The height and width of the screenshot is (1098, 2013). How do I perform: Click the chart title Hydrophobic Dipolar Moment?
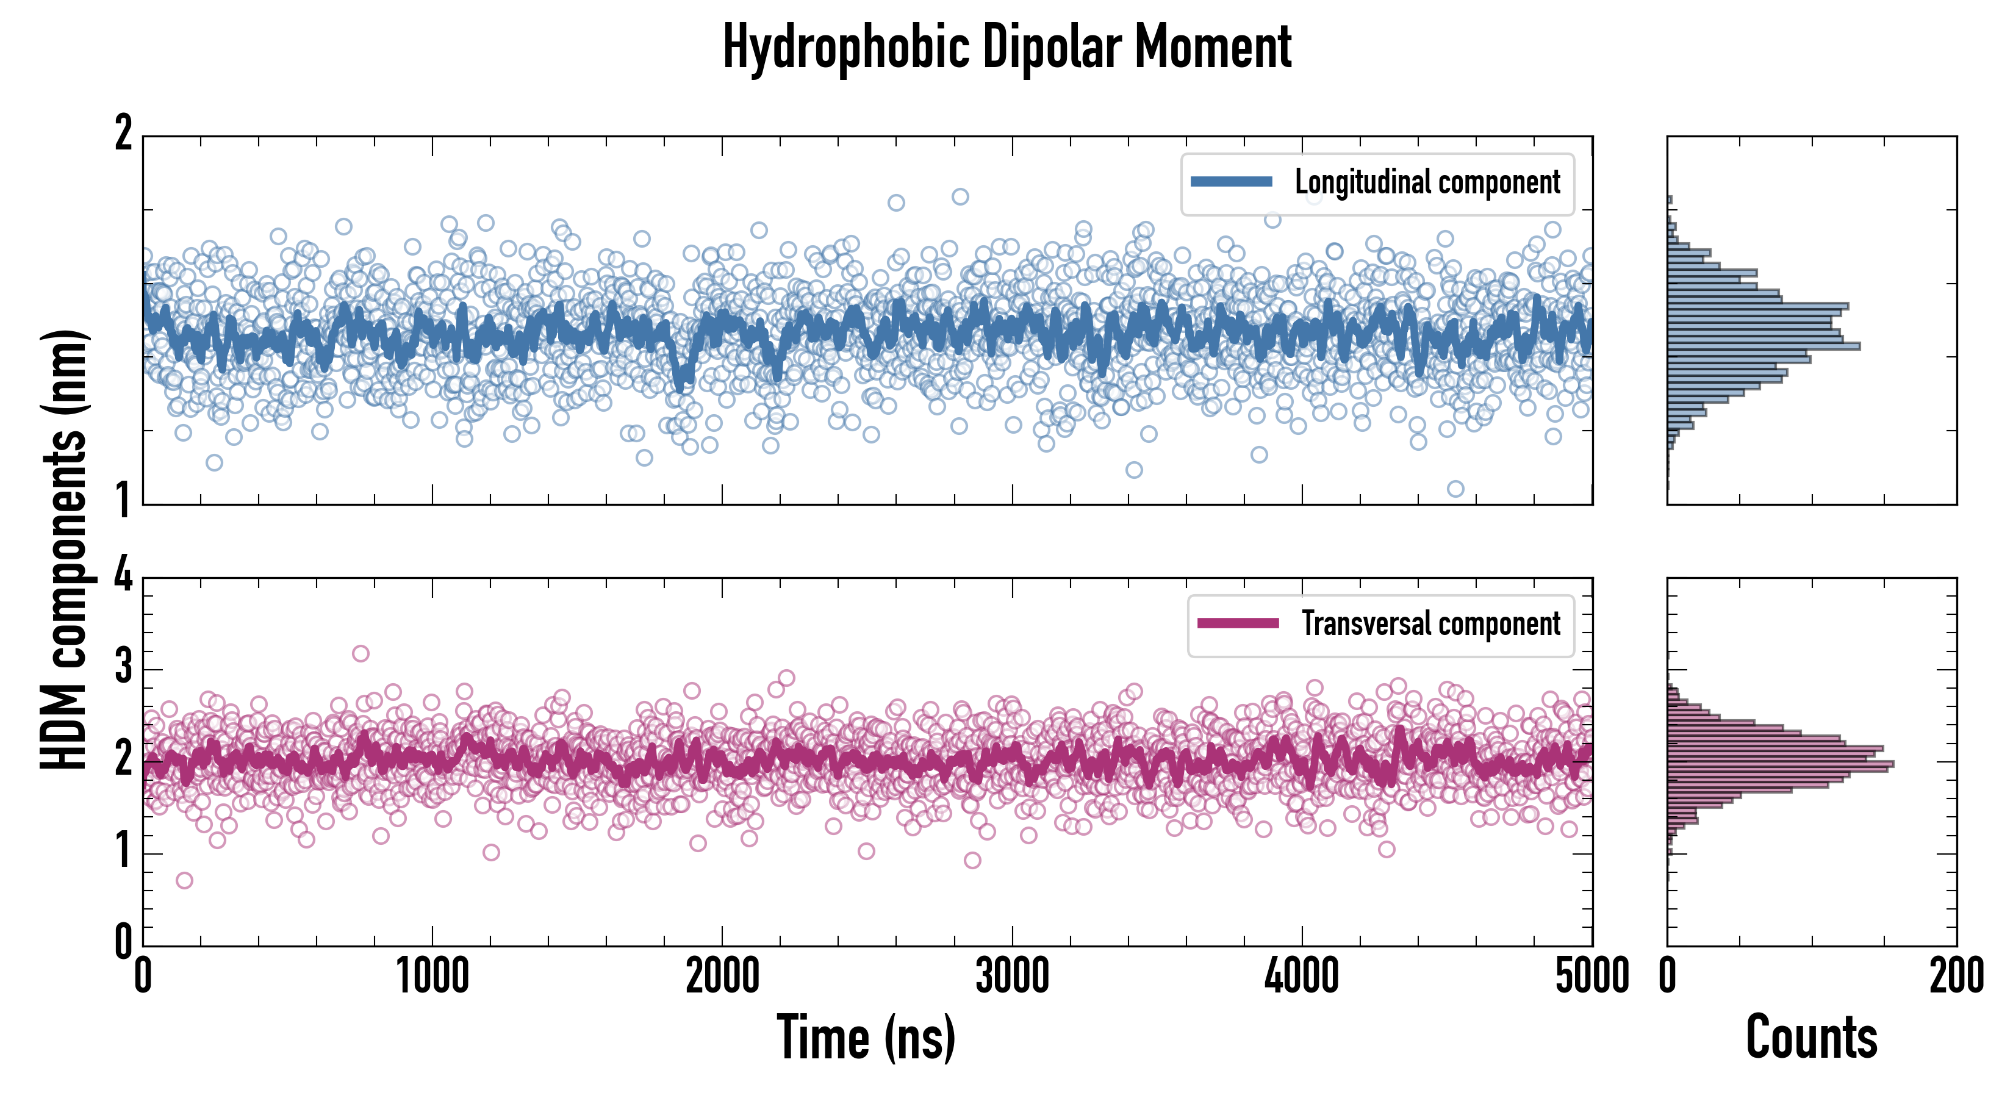[x=1006, y=47]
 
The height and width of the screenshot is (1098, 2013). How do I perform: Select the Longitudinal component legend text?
[x=1427, y=183]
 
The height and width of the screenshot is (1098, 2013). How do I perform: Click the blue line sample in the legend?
[x=1231, y=182]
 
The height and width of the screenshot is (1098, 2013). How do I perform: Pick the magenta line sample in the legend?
[x=1238, y=623]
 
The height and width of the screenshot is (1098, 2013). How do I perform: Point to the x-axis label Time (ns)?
[x=866, y=1037]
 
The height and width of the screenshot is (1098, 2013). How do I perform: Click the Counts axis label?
[x=1811, y=1037]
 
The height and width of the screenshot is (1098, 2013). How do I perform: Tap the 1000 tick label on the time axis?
[x=432, y=976]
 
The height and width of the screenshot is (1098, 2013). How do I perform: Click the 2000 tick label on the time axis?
[x=722, y=976]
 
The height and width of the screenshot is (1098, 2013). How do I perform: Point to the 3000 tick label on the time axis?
[x=1012, y=976]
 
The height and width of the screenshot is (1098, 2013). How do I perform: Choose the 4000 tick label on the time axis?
[x=1302, y=976]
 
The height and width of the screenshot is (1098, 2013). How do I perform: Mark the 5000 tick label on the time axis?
[x=1592, y=976]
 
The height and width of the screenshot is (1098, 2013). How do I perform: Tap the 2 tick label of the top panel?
[x=123, y=133]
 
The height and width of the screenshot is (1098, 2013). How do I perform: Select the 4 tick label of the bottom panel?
[x=123, y=576]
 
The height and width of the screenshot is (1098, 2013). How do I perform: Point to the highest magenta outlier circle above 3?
[x=361, y=653]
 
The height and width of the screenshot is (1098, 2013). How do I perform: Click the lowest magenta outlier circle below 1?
[x=184, y=881]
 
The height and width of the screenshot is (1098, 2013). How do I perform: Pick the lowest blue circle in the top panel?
[x=1455, y=489]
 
